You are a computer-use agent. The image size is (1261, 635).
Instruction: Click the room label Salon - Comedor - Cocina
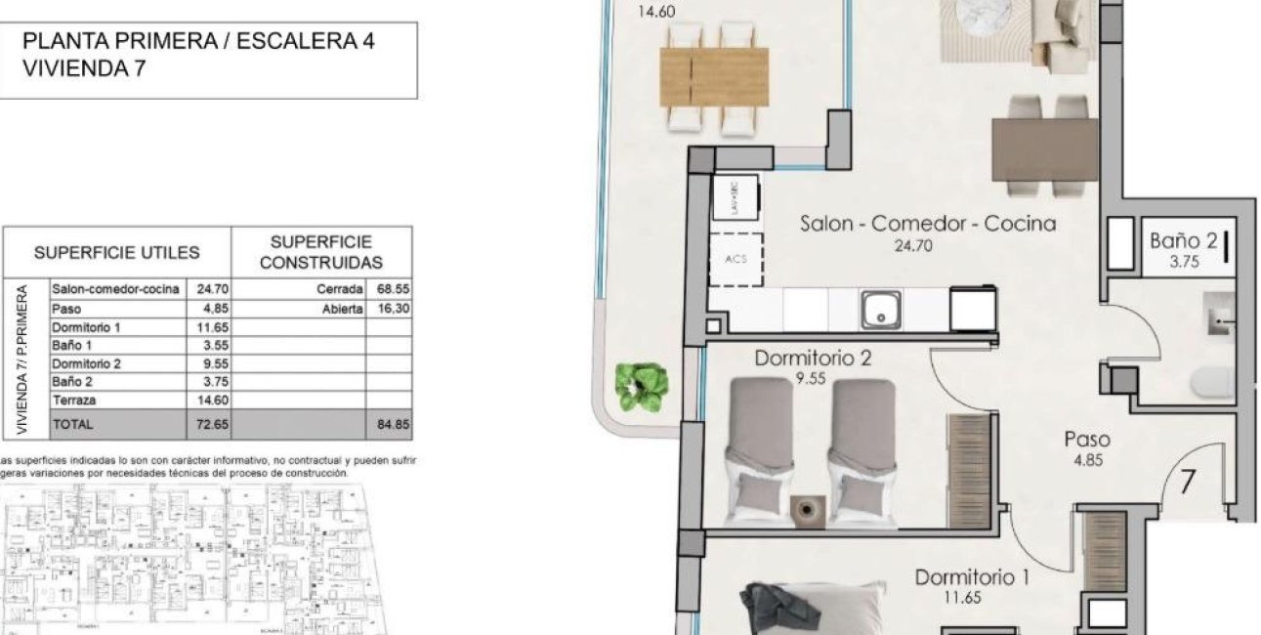click(927, 224)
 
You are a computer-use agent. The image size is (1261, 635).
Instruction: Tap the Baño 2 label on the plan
click(1183, 240)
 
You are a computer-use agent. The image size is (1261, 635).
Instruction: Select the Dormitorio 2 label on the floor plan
click(812, 359)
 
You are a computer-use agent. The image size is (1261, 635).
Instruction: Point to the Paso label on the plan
click(1086, 441)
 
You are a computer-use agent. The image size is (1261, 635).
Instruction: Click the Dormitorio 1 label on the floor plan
click(971, 577)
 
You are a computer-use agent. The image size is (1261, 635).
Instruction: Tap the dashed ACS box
click(735, 259)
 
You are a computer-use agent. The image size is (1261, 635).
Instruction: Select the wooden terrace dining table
click(714, 77)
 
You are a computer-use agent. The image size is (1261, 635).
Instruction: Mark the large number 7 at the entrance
click(1188, 482)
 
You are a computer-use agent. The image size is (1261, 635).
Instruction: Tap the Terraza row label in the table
click(73, 401)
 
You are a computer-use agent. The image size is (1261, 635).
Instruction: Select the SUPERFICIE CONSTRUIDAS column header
click(321, 252)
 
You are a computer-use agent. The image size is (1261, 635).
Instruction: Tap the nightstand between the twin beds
click(807, 508)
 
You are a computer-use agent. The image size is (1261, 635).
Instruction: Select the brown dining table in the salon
click(1045, 148)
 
